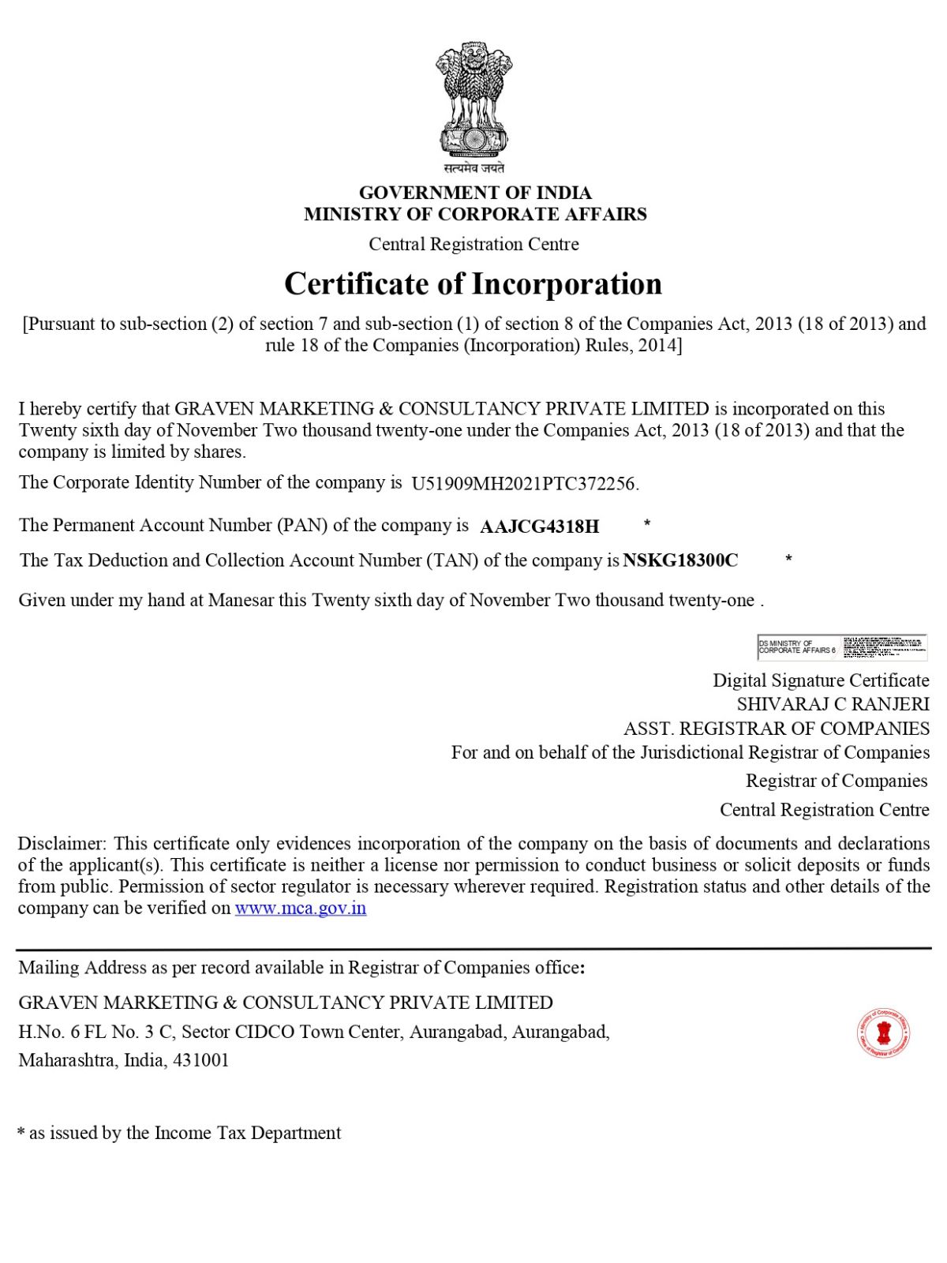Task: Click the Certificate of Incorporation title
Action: pyautogui.click(x=473, y=284)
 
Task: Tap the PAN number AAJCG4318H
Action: pyautogui.click(x=540, y=527)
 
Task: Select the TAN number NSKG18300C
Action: pyautogui.click(x=681, y=560)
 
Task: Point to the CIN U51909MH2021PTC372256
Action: pyautogui.click(x=525, y=484)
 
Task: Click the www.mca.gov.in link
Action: pyautogui.click(x=301, y=908)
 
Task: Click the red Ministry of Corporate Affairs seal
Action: pyautogui.click(x=884, y=1032)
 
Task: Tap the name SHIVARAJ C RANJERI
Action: pyautogui.click(x=833, y=704)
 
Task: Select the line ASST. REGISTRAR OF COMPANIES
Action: pyautogui.click(x=777, y=728)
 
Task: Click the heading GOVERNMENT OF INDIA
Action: pyautogui.click(x=475, y=193)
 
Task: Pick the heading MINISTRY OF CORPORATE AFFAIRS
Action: pyautogui.click(x=475, y=214)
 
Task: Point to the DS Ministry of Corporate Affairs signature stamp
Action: pyautogui.click(x=841, y=646)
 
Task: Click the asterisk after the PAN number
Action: pyautogui.click(x=647, y=523)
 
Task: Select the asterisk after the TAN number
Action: pyautogui.click(x=788, y=559)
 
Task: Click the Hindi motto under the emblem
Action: pyautogui.click(x=473, y=168)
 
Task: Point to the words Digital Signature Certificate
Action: pyautogui.click(x=821, y=680)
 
